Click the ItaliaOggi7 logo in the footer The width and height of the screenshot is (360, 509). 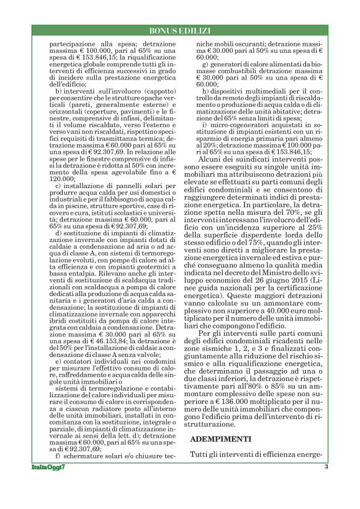coord(48,484)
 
